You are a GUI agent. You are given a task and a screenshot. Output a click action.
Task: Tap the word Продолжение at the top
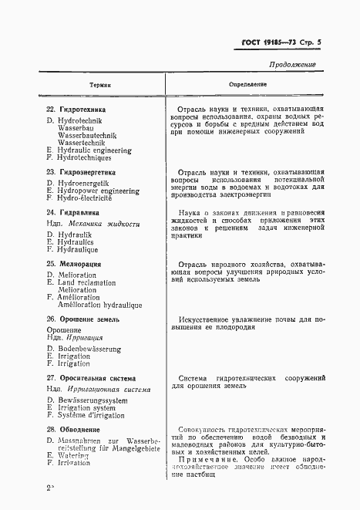coord(292,65)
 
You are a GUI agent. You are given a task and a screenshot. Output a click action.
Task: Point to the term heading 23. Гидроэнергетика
coord(81,171)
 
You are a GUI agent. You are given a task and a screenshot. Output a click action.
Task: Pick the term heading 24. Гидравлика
coord(73,211)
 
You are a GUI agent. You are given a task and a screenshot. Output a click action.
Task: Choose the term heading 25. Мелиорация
coord(73,264)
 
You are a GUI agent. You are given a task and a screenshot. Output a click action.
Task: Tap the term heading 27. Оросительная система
coord(91,379)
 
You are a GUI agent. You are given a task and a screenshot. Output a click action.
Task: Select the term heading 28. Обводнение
coord(73,429)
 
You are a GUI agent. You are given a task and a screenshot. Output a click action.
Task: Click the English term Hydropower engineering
coord(96,190)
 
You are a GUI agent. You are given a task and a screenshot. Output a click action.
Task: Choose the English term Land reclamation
coord(86,283)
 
